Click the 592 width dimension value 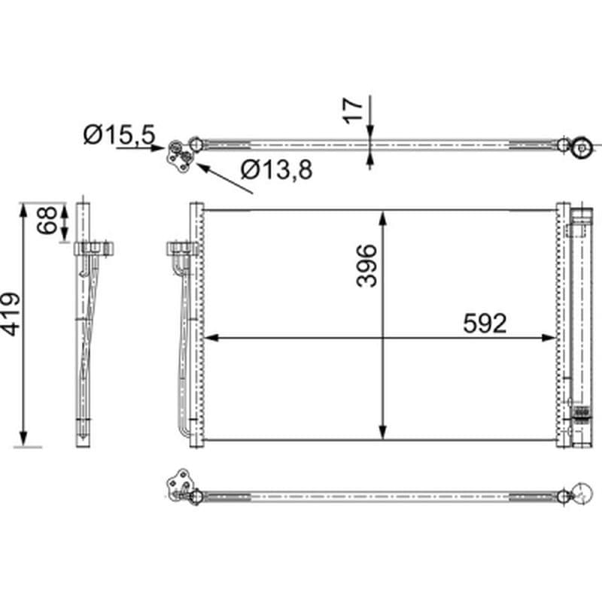(485, 324)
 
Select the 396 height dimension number (366, 266)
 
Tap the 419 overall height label (10, 314)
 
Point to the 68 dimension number (47, 220)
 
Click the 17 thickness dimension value (353, 111)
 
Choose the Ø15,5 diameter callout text (120, 135)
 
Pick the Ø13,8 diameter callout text (276, 169)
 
